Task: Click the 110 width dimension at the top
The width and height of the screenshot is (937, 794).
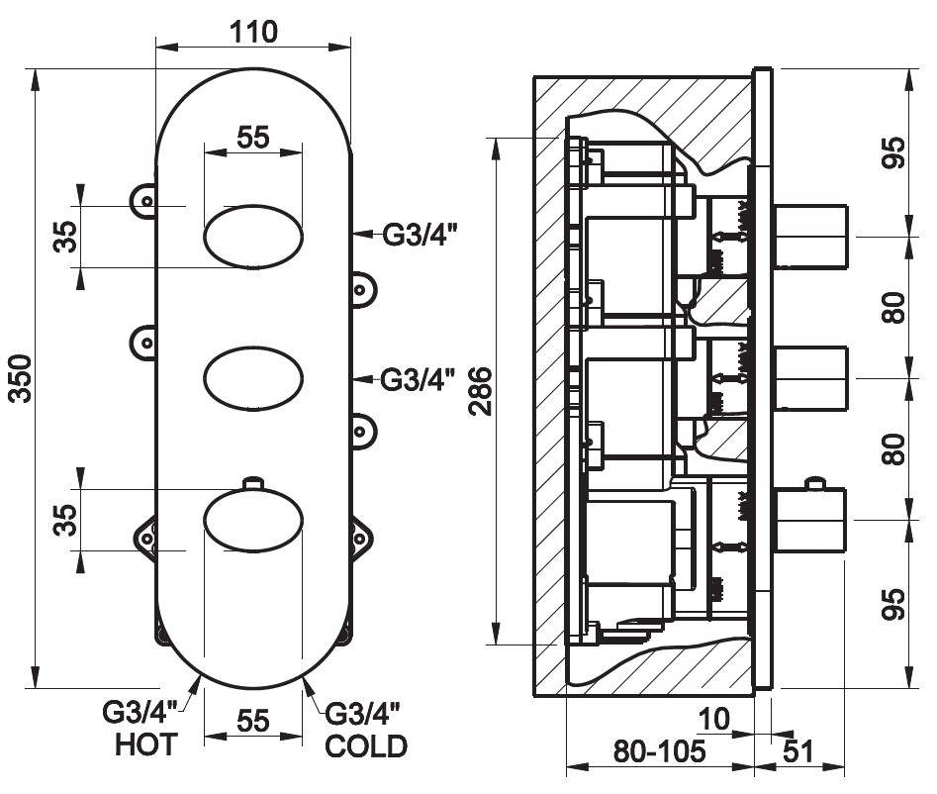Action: (x=254, y=32)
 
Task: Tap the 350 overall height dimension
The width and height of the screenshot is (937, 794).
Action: (x=21, y=378)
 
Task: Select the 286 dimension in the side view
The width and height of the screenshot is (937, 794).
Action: (x=481, y=392)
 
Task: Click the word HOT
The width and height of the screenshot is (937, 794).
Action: (x=146, y=744)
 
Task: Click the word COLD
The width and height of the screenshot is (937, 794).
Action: (x=366, y=745)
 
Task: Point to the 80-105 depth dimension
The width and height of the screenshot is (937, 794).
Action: (x=659, y=750)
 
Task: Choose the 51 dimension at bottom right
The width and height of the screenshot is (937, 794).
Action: (x=798, y=751)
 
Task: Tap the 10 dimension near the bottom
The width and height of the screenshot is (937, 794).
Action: (x=713, y=719)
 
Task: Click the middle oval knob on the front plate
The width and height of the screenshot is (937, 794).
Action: (x=253, y=378)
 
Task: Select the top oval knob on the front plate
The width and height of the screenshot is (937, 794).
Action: (x=253, y=237)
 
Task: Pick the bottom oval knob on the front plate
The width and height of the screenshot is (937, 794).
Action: (x=253, y=520)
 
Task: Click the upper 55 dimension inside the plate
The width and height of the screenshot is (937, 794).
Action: (x=253, y=138)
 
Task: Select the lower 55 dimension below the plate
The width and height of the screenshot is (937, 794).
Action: (x=253, y=721)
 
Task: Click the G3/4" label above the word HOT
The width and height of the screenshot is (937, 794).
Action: (x=140, y=712)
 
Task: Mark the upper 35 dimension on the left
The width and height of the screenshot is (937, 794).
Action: (x=65, y=237)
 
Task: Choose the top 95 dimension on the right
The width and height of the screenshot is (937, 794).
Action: (x=894, y=153)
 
